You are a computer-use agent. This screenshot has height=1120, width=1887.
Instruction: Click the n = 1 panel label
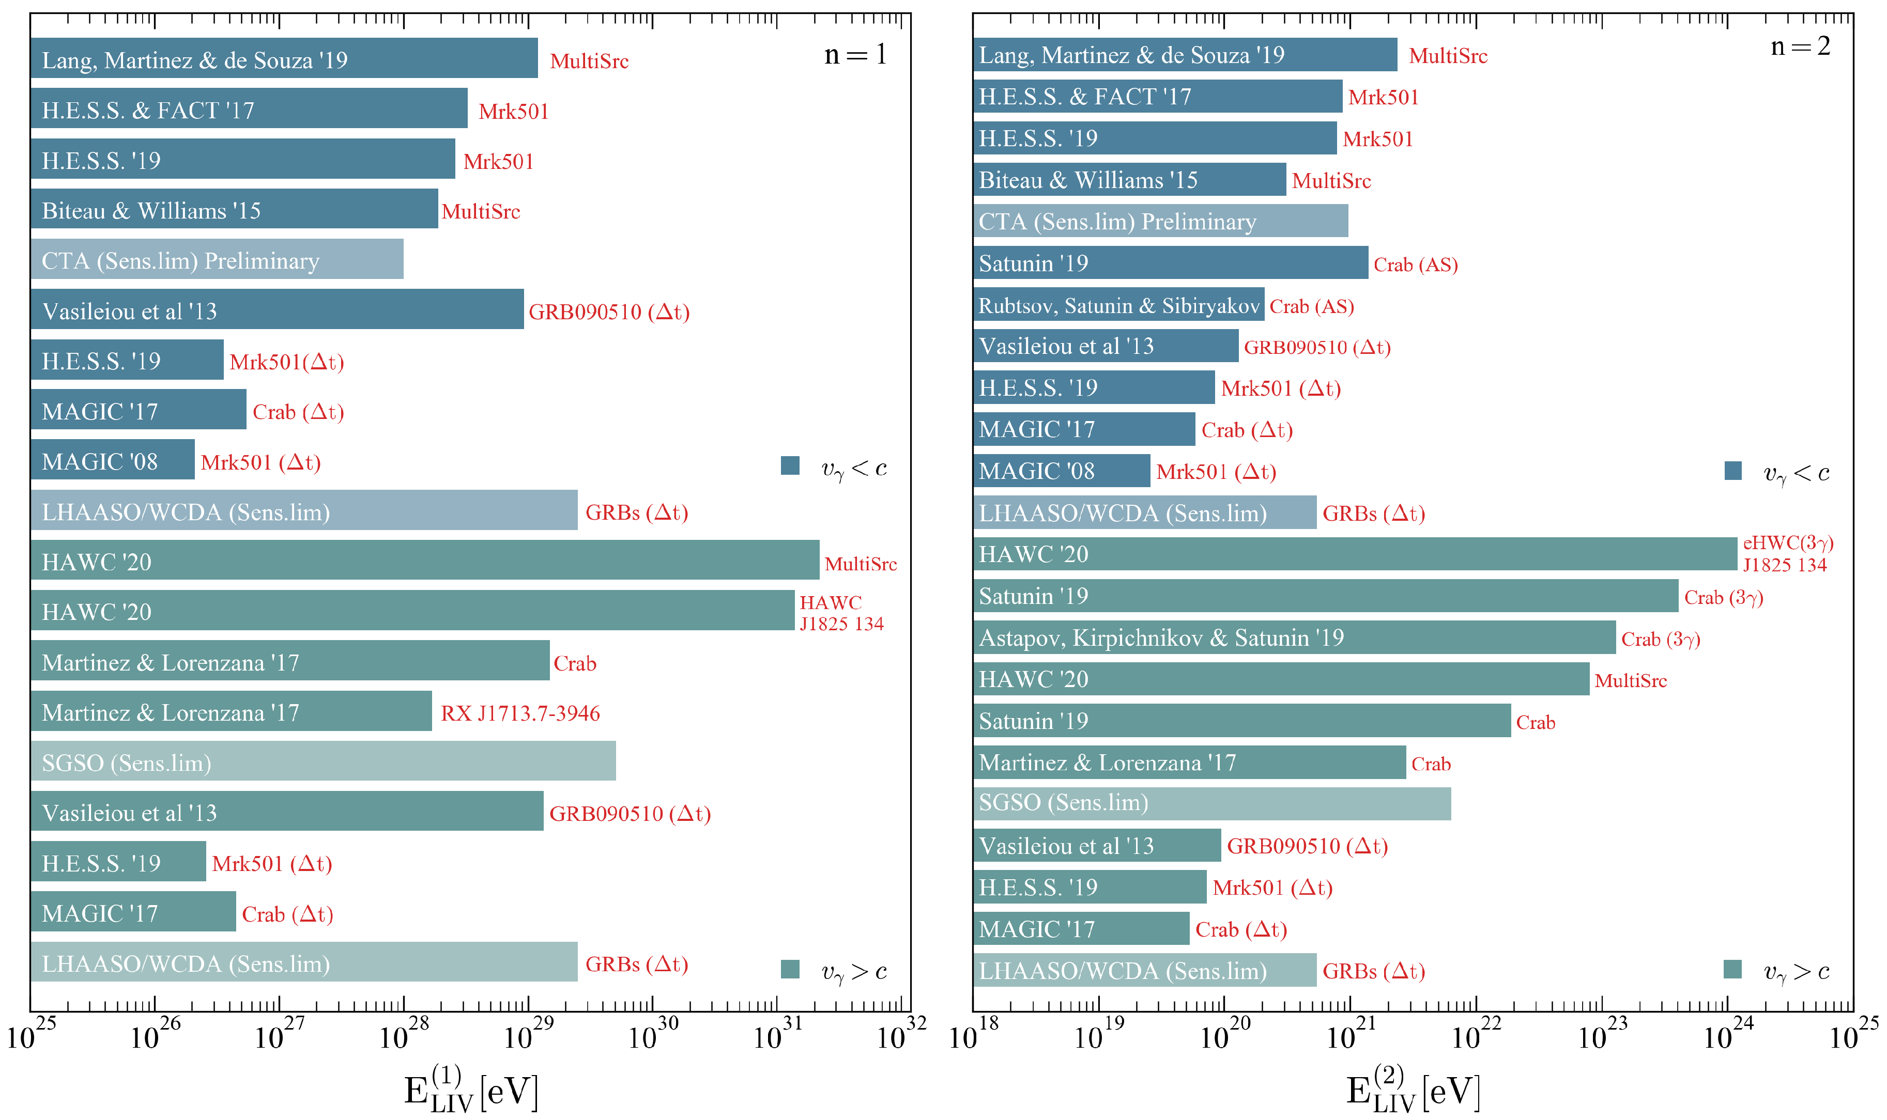855,54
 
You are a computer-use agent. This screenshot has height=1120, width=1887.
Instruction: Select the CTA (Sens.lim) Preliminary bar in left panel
217,260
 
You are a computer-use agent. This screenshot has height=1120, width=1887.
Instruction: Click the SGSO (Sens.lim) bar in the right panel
1211,803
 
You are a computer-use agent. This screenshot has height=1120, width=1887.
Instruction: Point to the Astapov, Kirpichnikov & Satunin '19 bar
1294,637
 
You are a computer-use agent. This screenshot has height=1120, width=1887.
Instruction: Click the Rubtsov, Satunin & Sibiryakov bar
1118,305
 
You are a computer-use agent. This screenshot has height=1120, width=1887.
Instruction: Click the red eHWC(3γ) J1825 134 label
1787,554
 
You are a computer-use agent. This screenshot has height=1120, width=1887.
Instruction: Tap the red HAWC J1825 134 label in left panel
840,613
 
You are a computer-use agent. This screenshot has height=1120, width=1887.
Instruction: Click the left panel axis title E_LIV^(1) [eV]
470,1089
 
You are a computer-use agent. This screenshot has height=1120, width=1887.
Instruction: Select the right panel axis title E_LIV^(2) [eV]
1412,1089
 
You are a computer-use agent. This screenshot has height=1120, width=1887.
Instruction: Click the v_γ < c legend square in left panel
790,465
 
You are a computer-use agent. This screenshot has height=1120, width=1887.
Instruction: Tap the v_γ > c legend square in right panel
1733,970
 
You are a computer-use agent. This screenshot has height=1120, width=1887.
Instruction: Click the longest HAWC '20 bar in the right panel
1355,554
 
